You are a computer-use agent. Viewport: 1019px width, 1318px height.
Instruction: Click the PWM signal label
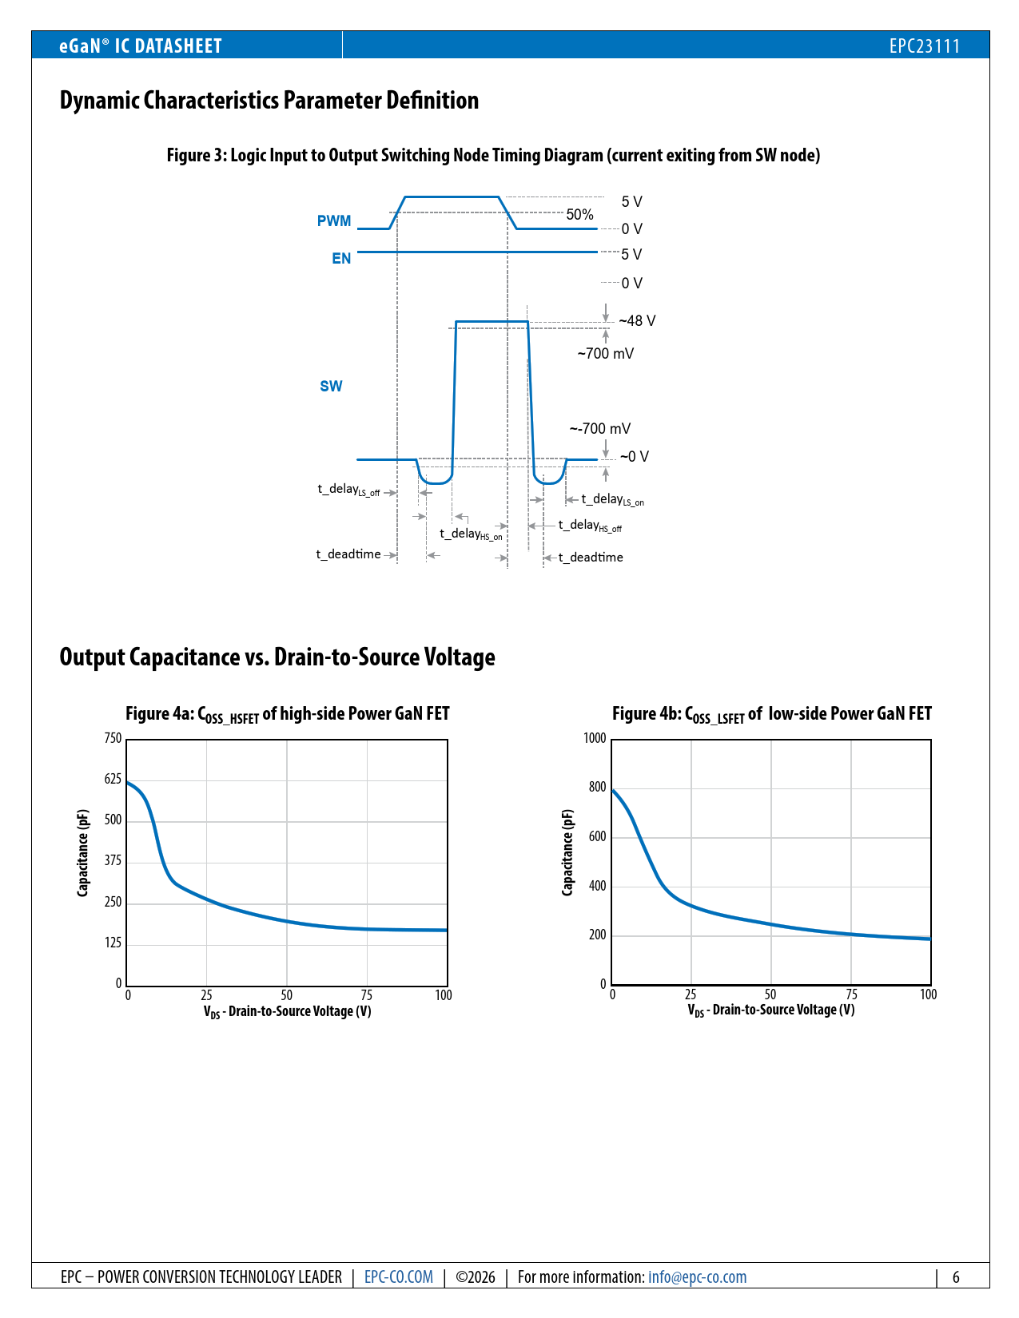coord(334,221)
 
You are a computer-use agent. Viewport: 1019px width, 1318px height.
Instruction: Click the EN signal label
coord(341,259)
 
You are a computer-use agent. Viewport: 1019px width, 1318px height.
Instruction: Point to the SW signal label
coord(331,387)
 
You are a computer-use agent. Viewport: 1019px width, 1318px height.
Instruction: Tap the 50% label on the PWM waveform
coord(579,215)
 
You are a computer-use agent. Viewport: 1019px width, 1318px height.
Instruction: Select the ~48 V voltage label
coord(637,321)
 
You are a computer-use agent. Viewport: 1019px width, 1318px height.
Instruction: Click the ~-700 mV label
coord(599,429)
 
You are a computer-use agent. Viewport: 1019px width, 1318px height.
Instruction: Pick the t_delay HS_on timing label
coord(471,534)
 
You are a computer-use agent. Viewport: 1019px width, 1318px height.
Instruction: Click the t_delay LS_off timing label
coord(348,490)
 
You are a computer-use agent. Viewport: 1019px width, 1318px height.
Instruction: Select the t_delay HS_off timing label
coord(590,526)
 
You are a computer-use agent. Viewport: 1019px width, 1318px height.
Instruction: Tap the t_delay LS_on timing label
coord(612,500)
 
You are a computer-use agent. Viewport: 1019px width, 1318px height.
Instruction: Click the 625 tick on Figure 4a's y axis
coord(113,780)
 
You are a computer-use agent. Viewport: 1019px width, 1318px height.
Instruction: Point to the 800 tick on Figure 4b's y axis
coord(597,788)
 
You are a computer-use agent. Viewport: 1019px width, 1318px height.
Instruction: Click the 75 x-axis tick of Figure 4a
coord(366,995)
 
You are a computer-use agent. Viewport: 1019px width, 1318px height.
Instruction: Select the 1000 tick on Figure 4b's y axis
coord(595,738)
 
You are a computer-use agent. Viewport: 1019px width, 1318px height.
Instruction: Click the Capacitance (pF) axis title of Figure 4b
coord(567,852)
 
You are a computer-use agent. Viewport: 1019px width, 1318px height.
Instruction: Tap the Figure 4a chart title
coord(287,714)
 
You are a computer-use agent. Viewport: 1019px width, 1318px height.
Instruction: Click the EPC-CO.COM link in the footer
coord(399,1277)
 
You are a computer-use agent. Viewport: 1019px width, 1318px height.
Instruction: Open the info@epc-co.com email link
coord(697,1277)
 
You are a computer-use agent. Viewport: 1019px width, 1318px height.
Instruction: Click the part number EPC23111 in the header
coord(924,46)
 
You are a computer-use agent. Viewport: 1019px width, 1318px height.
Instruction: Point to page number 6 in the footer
coord(955,1277)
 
